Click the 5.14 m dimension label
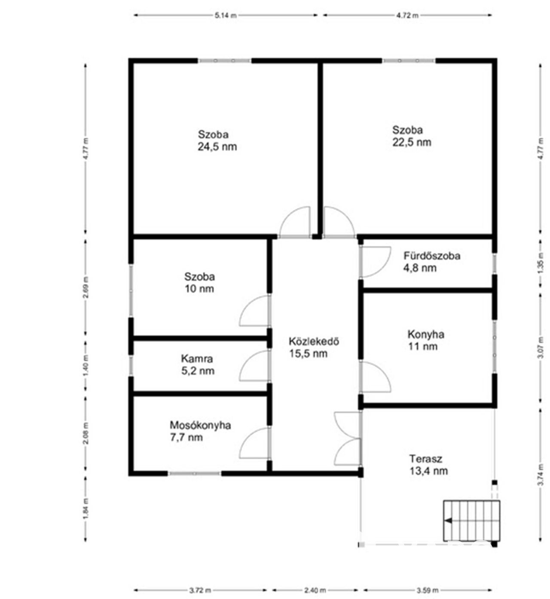[226, 15]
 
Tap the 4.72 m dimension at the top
[407, 15]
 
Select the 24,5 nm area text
[217, 147]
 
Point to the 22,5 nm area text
[412, 142]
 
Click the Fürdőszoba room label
[432, 256]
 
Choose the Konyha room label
[426, 334]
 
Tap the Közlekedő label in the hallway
[314, 341]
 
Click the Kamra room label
[197, 358]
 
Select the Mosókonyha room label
[200, 425]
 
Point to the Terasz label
[425, 458]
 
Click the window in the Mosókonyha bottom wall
[194, 474]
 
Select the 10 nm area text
[199, 289]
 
